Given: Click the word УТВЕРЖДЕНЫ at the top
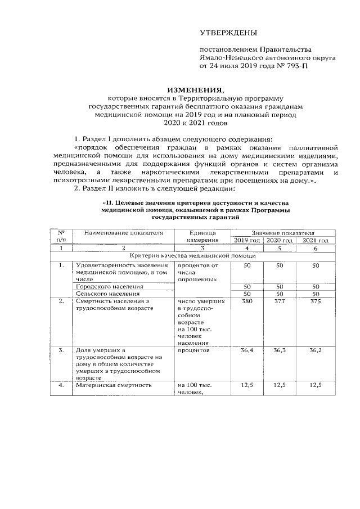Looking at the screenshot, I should click(228, 34).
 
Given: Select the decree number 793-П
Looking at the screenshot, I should click(294, 65).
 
